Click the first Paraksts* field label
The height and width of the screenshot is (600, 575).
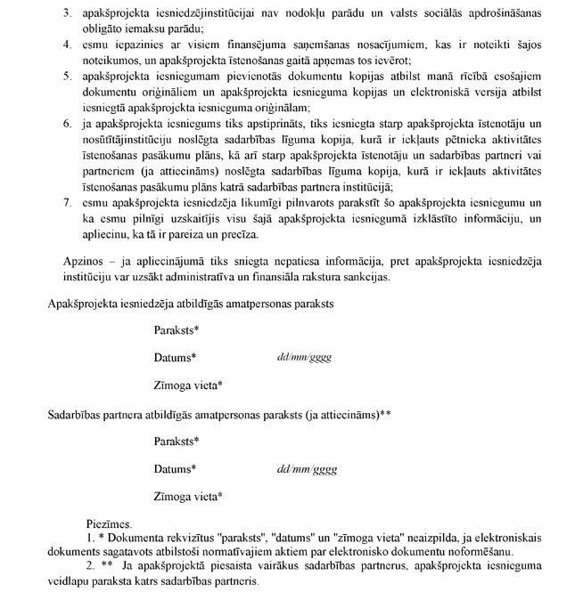tap(176, 330)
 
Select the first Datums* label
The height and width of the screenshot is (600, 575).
tap(175, 357)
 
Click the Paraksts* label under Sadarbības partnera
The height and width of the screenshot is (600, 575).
tap(176, 442)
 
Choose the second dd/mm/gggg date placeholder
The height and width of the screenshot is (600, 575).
tap(307, 468)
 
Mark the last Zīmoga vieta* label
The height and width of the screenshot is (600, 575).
tap(188, 496)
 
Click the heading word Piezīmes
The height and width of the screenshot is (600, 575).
tap(110, 526)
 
